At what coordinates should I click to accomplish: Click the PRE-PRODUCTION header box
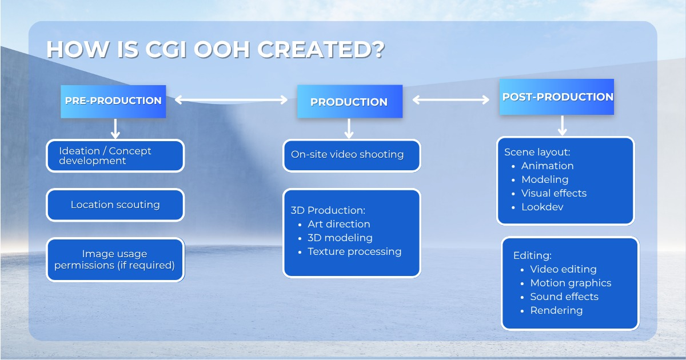pos(113,102)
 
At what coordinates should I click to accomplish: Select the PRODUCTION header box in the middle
pos(350,101)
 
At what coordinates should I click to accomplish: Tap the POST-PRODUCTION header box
pos(557,97)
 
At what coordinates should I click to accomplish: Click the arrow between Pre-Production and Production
pos(231,100)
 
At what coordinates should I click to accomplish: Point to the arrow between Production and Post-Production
pos(451,100)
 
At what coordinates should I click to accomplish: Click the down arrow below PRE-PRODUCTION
pos(115,129)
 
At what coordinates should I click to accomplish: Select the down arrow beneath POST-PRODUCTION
pos(563,126)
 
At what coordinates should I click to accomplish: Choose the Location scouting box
pos(115,205)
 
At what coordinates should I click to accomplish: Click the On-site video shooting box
pos(352,155)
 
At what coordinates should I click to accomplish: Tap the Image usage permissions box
pos(115,259)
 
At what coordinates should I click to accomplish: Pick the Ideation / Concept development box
pos(115,155)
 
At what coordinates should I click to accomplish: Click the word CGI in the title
pos(166,50)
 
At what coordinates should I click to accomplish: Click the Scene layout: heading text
pos(537,152)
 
